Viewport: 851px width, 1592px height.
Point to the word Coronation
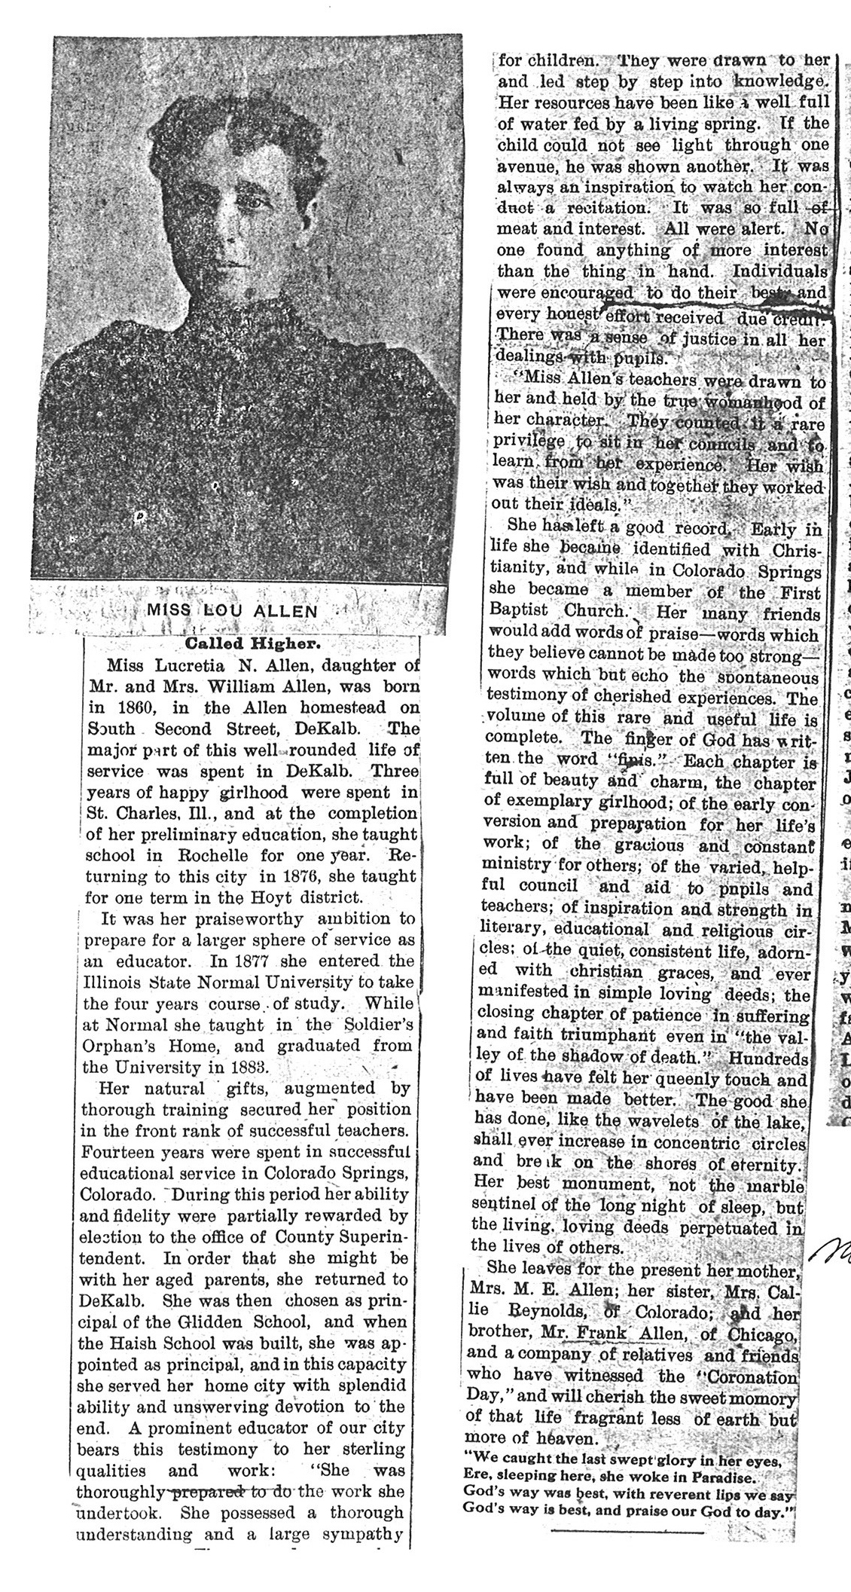(x=748, y=1376)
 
